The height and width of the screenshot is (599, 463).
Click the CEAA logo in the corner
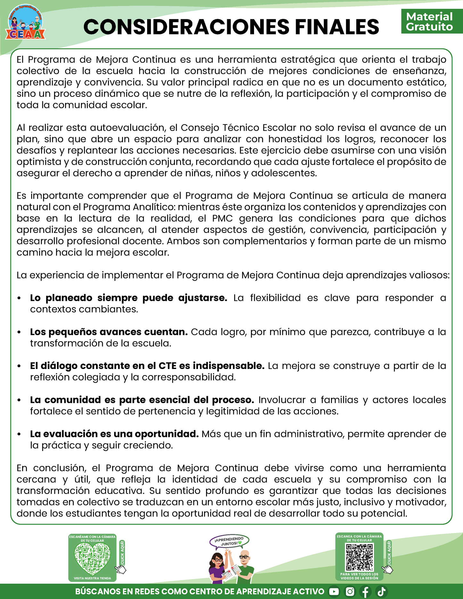click(x=25, y=22)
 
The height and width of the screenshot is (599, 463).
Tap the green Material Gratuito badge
click(x=429, y=21)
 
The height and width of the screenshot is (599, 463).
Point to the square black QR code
click(x=360, y=557)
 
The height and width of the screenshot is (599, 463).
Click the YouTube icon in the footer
click(x=334, y=591)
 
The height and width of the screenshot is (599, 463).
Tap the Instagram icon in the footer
click(x=350, y=591)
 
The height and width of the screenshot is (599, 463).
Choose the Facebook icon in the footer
click(x=366, y=591)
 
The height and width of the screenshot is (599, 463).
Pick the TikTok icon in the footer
click(x=382, y=591)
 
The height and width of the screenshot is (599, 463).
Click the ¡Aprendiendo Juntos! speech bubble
click(x=229, y=541)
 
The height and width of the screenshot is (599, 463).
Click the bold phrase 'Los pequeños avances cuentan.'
click(x=109, y=332)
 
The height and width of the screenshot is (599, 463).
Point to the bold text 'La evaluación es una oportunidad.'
click(x=114, y=434)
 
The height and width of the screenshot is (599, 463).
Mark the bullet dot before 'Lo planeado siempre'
click(x=20, y=298)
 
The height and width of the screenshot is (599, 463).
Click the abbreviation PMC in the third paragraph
click(x=222, y=218)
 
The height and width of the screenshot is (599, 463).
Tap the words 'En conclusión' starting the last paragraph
click(x=51, y=468)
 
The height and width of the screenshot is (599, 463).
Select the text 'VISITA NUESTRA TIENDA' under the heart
click(x=92, y=578)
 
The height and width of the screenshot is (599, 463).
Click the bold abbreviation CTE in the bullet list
click(x=167, y=366)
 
